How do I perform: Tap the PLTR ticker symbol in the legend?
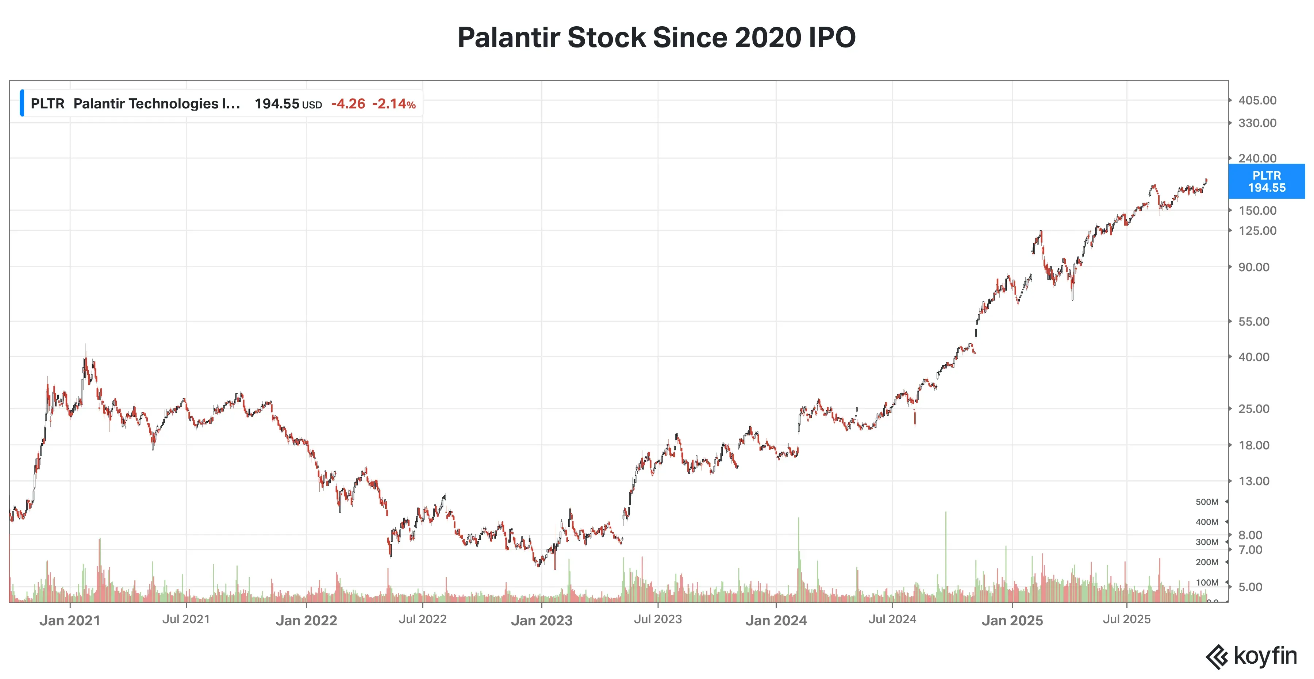pos(47,104)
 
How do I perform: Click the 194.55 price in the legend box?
pos(277,104)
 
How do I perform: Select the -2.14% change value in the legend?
pos(394,104)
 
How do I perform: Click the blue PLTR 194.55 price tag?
pos(1266,181)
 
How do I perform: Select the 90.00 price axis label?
pos(1254,267)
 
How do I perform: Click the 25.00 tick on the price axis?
pos(1254,408)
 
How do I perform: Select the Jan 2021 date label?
pos(70,620)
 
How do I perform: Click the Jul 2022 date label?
pos(422,619)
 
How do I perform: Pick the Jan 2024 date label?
pos(776,620)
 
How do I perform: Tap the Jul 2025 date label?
pos(1126,619)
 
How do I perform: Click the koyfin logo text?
pos(1265,656)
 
